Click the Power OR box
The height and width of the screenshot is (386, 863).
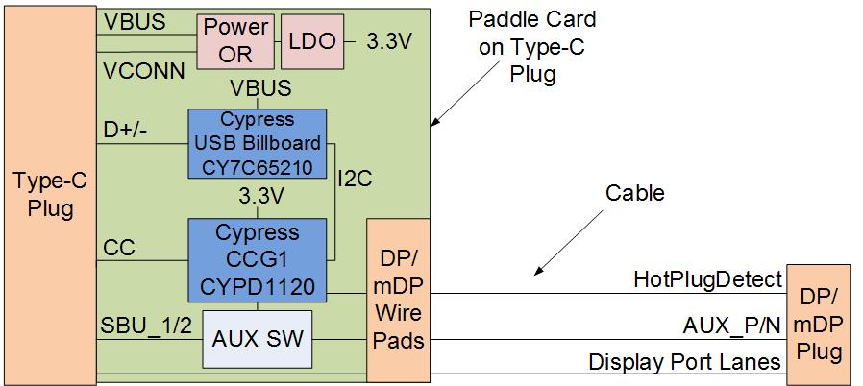[235, 41]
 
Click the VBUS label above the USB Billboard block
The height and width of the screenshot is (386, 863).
[260, 90]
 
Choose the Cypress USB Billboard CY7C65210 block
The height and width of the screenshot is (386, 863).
[257, 142]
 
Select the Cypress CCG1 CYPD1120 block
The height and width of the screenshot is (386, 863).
[257, 258]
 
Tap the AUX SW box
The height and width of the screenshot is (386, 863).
[257, 339]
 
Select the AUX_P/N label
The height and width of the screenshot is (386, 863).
[730, 324]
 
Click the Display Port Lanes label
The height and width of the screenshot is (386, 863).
[683, 362]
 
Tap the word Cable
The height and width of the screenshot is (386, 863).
[634, 193]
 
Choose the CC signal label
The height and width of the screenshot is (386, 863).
[118, 247]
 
